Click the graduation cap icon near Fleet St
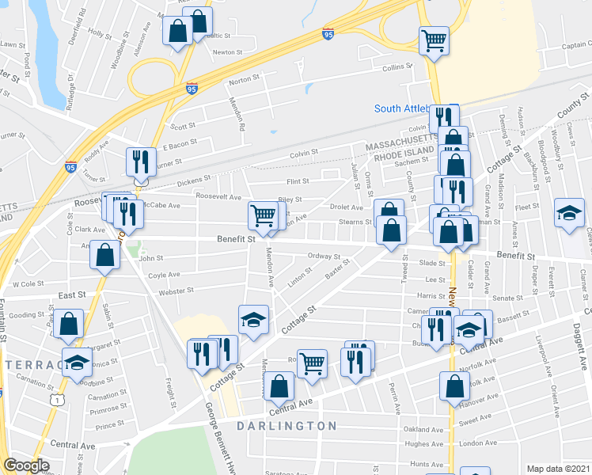pos(569,213)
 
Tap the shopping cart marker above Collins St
pos(434,40)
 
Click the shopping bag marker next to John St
pos(105,255)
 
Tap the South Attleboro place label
pos(402,108)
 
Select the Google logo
pos(26,465)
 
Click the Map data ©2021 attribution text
pos(557,469)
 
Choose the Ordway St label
pos(324,256)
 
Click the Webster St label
pos(176,291)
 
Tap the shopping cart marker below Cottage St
pos(313,364)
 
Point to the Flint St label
pos(298,181)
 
